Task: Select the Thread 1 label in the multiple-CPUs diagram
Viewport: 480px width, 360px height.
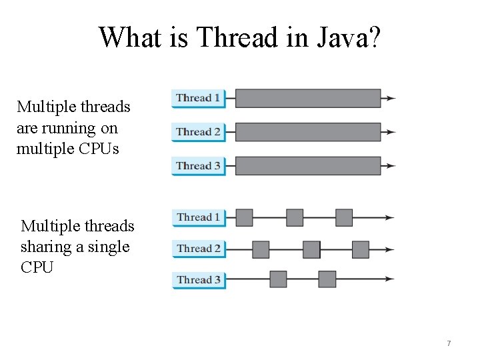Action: coord(198,98)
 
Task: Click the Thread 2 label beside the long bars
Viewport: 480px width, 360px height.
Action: coord(198,132)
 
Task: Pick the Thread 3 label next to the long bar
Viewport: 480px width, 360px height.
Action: coord(198,166)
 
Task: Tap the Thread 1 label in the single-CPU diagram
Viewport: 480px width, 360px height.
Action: coord(198,217)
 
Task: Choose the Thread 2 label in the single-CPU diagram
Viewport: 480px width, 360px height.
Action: coord(198,249)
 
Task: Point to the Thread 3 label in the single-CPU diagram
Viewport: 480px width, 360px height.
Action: coord(198,280)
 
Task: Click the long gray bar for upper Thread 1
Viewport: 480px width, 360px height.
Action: coord(308,98)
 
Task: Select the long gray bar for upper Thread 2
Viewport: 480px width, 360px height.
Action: coord(308,132)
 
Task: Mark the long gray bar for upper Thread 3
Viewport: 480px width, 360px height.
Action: coord(308,166)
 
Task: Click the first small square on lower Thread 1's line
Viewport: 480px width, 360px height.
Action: coord(245,217)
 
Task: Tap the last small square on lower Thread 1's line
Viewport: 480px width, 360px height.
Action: coord(344,217)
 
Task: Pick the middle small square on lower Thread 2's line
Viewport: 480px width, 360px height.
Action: coord(311,249)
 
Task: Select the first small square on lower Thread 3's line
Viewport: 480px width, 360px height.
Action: coord(278,279)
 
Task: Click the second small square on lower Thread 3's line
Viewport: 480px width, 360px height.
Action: coord(327,279)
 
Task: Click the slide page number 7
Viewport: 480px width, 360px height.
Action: coord(449,343)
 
